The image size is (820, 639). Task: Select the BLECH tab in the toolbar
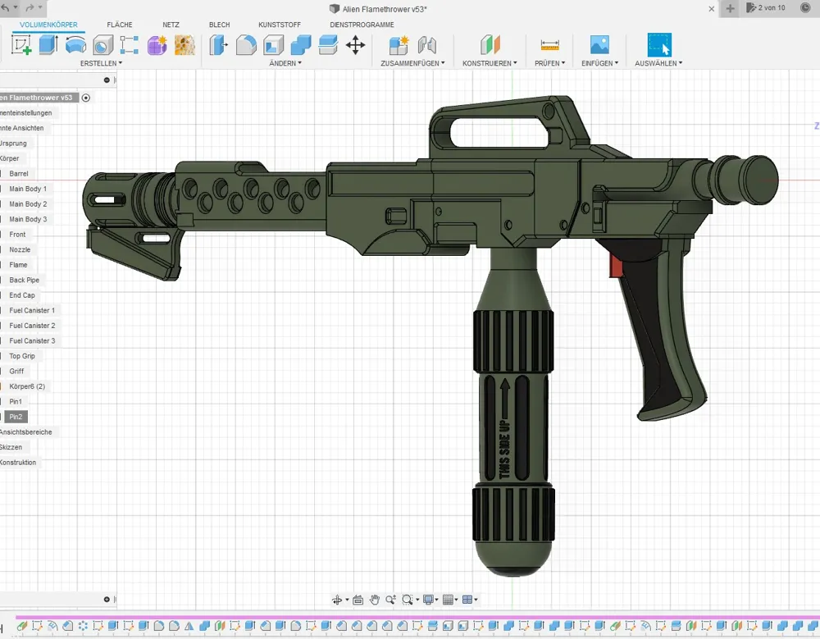tap(219, 25)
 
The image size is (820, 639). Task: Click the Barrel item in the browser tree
tap(19, 174)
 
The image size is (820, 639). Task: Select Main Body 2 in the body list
tap(28, 204)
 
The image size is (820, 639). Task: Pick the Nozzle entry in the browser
tap(20, 250)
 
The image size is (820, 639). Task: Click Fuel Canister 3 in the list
tap(32, 341)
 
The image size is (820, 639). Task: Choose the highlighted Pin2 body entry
tap(16, 417)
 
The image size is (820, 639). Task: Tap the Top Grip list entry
tap(22, 356)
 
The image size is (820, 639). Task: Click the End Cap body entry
tap(22, 295)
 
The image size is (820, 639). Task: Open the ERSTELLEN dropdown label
tap(101, 63)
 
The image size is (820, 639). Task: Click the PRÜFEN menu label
tap(549, 63)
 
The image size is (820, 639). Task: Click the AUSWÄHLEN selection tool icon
tap(658, 45)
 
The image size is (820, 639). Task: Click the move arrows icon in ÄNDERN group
tap(355, 45)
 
